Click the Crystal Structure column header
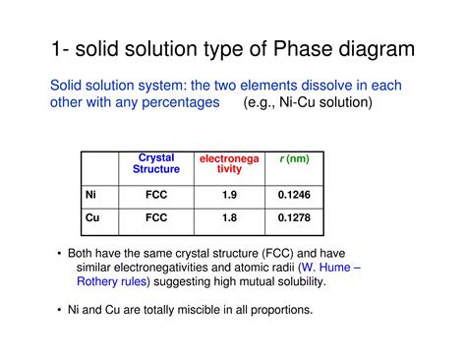pyautogui.click(x=155, y=164)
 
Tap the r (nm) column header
pyautogui.click(x=294, y=158)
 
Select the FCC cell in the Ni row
pyautogui.click(x=155, y=195)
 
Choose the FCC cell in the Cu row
pyautogui.click(x=155, y=217)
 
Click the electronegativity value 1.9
pyautogui.click(x=228, y=195)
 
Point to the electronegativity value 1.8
pyautogui.click(x=228, y=217)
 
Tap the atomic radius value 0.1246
pyautogui.click(x=294, y=195)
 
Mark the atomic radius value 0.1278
pyautogui.click(x=294, y=217)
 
